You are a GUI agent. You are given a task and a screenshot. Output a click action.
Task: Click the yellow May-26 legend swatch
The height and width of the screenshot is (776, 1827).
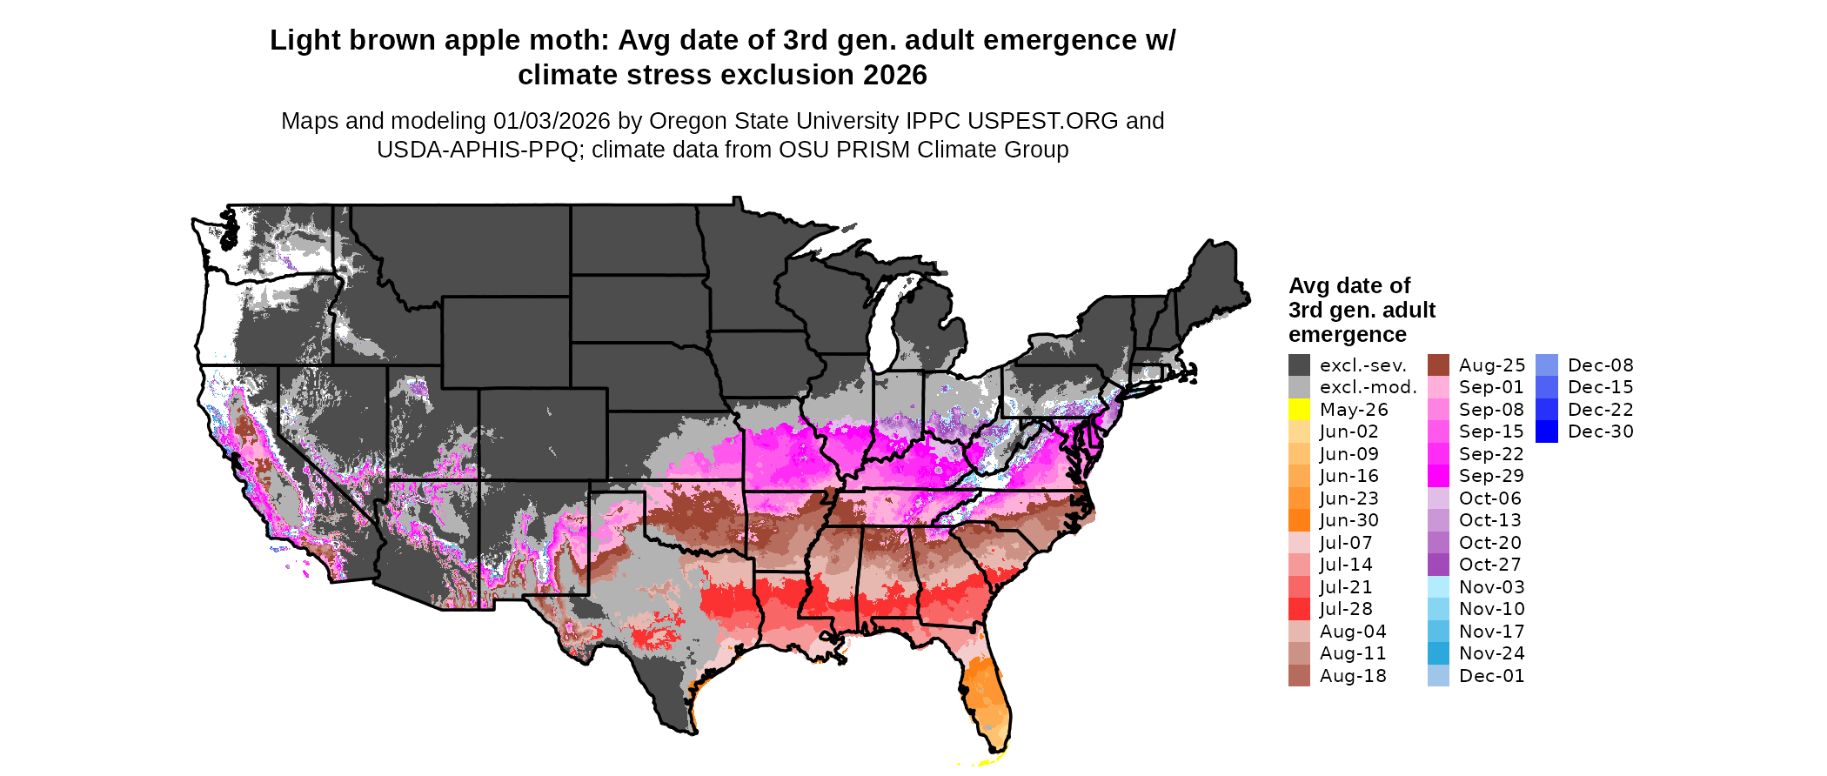click(1299, 410)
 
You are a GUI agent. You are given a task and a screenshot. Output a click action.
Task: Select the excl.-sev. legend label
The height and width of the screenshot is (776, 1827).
click(1362, 365)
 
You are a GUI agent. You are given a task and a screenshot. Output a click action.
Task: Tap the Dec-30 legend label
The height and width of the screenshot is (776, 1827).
click(1600, 431)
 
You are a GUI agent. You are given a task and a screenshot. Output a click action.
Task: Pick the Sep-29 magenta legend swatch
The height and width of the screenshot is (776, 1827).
click(1438, 476)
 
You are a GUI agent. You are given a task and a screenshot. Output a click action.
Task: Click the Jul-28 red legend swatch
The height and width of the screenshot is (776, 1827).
click(1299, 609)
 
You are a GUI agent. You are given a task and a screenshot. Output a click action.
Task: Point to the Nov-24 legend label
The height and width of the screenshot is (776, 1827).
click(1491, 653)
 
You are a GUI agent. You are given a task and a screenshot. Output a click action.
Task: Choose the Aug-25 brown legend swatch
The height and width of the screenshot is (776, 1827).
click(1438, 365)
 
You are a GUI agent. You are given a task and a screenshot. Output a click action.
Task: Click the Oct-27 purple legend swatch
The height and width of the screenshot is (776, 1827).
click(1438, 565)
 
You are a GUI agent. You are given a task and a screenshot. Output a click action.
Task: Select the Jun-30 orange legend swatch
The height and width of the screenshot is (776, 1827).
click(1299, 520)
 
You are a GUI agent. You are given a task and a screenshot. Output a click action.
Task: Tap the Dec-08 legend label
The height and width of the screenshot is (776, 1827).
click(1600, 365)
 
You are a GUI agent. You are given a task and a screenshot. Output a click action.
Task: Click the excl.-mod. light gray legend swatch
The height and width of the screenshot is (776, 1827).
click(1299, 387)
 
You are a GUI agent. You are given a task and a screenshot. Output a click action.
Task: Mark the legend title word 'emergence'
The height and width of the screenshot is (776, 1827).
click(1347, 335)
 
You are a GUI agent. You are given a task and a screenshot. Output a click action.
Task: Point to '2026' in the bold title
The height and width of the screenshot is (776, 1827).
click(895, 75)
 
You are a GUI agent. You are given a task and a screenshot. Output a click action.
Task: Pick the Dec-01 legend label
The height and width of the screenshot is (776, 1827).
click(1491, 676)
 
